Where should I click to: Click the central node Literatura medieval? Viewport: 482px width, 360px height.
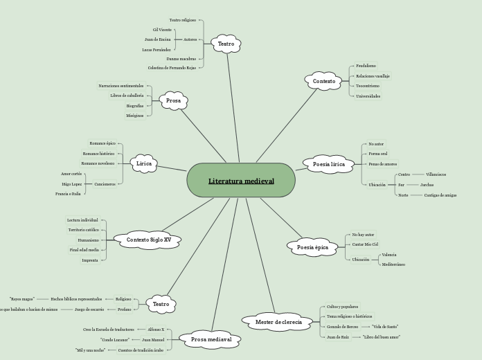(x=241, y=181)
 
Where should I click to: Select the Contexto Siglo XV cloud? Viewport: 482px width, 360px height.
(x=148, y=240)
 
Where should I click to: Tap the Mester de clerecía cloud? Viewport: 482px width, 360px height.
(x=278, y=322)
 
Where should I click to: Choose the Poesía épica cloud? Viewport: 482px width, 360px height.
(x=313, y=247)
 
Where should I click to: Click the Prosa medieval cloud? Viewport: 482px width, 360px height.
(x=211, y=339)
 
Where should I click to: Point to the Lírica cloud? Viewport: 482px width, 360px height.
(x=144, y=164)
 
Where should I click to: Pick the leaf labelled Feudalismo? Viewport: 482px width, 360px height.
(x=366, y=66)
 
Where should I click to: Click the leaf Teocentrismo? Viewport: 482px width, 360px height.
(x=367, y=86)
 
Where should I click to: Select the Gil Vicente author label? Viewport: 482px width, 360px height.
(x=162, y=30)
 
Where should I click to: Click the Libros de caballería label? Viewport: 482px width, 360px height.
(x=127, y=96)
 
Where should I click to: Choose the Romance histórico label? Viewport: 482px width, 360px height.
(x=98, y=154)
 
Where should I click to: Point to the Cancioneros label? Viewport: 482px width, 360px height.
(x=105, y=184)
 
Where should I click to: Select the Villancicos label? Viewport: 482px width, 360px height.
(x=436, y=174)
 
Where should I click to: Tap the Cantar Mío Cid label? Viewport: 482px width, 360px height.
(x=365, y=244)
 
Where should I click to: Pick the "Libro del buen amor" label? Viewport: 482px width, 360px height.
(x=382, y=337)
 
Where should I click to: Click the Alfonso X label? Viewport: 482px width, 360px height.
(x=156, y=330)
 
